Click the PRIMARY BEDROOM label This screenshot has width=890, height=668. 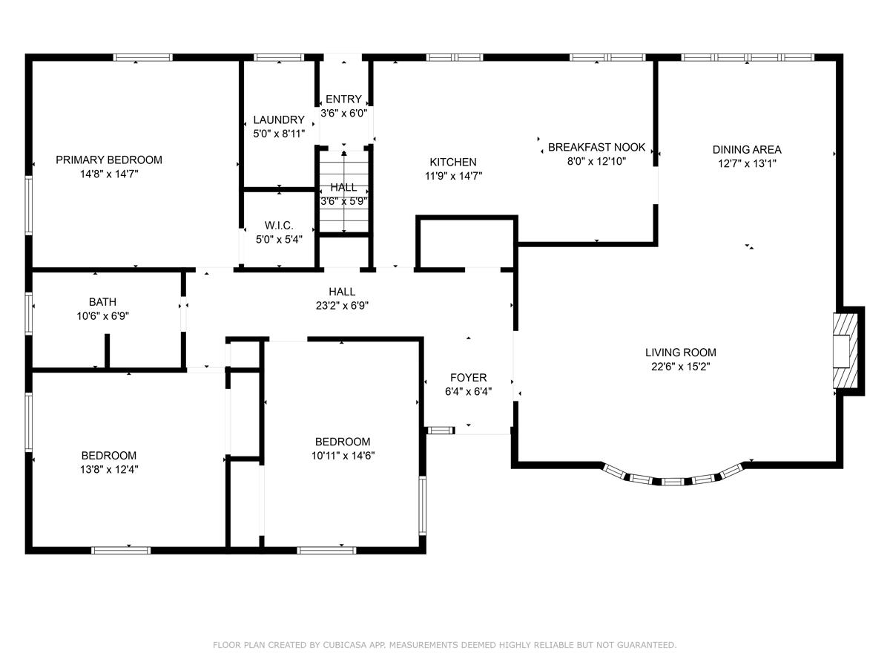[108, 160]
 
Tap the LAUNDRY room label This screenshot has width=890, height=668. [279, 119]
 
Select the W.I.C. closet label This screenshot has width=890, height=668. [279, 225]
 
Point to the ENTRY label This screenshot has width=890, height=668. [343, 99]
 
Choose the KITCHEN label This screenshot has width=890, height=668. [453, 162]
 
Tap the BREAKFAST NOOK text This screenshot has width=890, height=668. [596, 147]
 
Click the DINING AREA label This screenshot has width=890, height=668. [747, 149]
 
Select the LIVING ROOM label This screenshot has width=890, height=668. [680, 353]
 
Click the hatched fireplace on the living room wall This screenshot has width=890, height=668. [844, 350]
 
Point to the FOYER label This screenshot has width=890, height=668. [468, 378]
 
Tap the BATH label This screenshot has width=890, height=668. [102, 302]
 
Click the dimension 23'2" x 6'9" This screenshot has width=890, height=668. [342, 305]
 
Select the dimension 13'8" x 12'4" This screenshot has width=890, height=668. [109, 469]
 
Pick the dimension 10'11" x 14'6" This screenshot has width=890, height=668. [343, 456]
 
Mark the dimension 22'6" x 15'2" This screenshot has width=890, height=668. [680, 366]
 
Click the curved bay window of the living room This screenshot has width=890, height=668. [672, 479]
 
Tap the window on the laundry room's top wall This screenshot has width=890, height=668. [279, 57]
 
